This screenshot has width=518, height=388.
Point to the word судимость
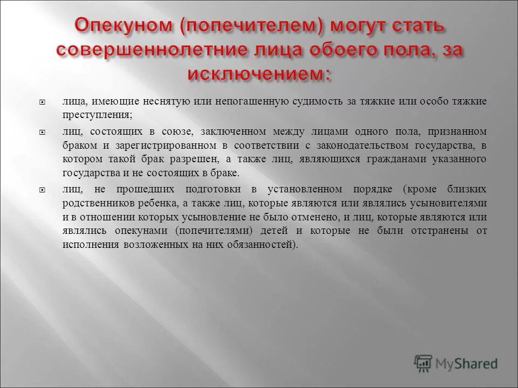[x=318, y=101]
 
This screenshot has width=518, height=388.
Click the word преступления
[x=97, y=115]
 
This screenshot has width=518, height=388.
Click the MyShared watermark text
[x=467, y=363]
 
